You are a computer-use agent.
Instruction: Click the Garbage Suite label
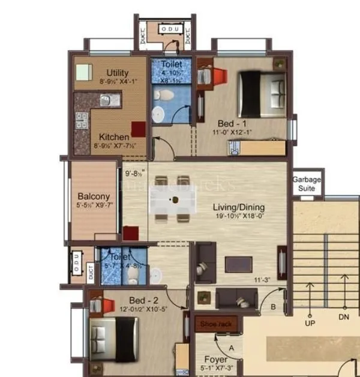307,184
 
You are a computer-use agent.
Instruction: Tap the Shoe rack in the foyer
216,324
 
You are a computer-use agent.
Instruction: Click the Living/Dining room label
238,207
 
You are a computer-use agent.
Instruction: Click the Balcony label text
93,196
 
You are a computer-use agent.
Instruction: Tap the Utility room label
118,73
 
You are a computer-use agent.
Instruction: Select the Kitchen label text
113,136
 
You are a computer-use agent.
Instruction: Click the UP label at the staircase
309,324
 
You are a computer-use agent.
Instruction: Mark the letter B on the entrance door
274,307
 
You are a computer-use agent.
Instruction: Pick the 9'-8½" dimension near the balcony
137,176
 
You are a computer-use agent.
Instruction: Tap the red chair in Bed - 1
217,77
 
